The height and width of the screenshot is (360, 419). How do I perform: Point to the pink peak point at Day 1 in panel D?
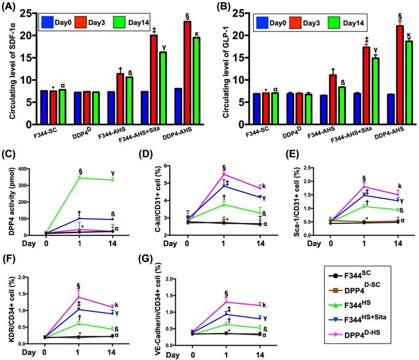click(x=224, y=174)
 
